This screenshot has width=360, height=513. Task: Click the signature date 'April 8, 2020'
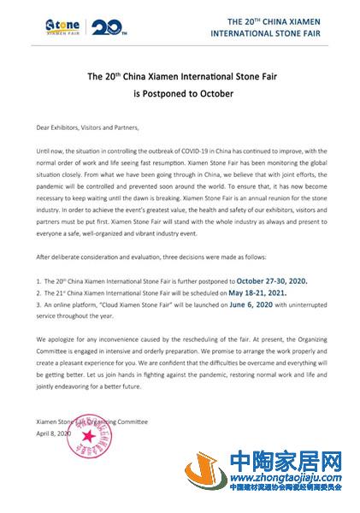(x=53, y=432)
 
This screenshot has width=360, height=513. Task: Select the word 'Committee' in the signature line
(x=129, y=422)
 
